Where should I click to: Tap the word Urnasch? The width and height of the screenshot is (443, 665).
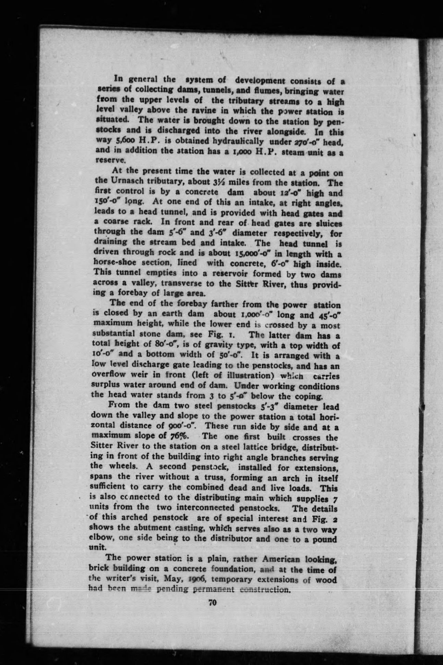coord(124,181)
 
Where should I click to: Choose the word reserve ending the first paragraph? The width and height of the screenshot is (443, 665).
coord(106,160)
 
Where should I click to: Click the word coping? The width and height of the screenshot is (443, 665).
coord(310,397)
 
